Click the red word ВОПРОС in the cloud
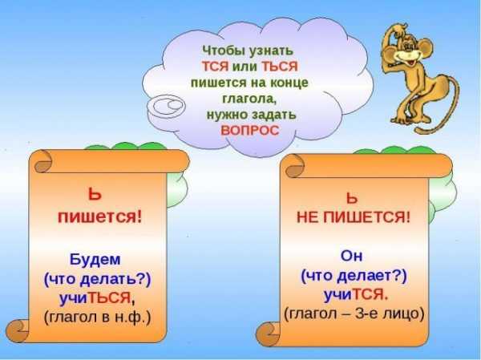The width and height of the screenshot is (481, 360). tap(250, 131)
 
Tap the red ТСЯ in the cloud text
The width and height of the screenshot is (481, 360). tap(215, 67)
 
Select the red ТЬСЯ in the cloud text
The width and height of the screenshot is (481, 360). tap(279, 67)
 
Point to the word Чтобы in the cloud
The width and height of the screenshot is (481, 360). tap(224, 51)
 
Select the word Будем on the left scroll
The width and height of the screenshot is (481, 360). tap(95, 260)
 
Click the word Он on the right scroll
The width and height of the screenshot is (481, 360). tap(351, 257)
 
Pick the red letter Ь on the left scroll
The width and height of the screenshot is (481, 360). tap(95, 195)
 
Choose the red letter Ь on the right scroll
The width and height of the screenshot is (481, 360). tap(352, 198)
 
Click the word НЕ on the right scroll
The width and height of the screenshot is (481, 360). tap(308, 218)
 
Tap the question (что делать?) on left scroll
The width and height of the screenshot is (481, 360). tap(98, 280)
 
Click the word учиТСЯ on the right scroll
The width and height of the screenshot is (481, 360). tap(356, 295)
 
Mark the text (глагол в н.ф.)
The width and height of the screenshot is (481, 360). tap(98, 318)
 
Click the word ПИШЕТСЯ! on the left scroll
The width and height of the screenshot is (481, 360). tap(100, 217)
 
